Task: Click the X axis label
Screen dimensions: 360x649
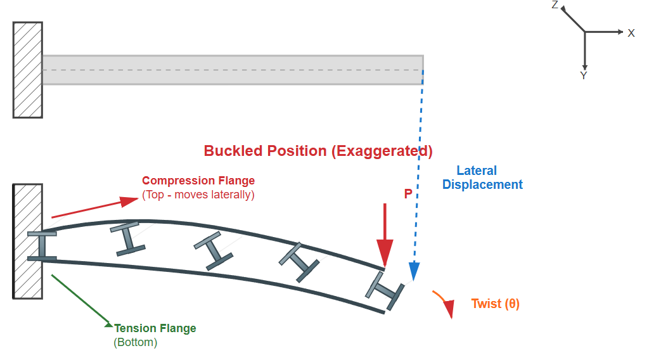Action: coord(631,33)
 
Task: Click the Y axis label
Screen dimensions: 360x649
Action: coord(584,75)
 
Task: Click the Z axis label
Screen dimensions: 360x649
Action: coord(555,5)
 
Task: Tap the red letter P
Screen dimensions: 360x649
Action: coord(408,195)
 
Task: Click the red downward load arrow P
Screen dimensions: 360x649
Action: coord(385,235)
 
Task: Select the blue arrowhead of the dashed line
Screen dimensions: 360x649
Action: coord(414,272)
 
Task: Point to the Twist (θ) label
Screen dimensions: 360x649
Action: coord(495,304)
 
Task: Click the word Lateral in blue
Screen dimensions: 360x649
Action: coord(477,170)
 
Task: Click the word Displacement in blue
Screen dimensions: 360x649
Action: coord(482,184)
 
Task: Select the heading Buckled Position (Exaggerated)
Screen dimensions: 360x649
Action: coord(318,151)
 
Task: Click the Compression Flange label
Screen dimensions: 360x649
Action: coord(198,181)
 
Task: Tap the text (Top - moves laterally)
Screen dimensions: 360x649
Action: coord(198,195)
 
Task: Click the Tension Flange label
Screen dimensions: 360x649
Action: coord(155,328)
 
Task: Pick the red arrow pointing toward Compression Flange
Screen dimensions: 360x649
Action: coord(95,209)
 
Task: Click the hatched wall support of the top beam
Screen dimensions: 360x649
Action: coord(28,70)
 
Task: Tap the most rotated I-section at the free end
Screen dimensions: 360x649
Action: coord(385,290)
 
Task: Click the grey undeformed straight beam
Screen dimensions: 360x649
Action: coord(233,70)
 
